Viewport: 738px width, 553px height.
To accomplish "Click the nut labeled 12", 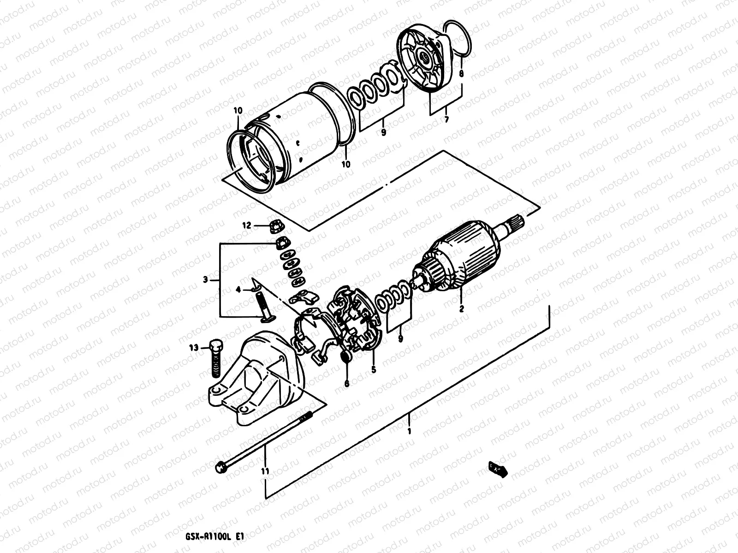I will pos(277,226).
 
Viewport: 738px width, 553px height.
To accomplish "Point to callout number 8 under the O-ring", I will pos(461,73).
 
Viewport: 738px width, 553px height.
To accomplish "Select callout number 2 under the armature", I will pos(461,309).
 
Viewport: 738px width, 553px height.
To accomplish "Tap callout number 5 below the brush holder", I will pos(374,369).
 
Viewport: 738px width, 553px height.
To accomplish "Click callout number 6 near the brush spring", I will pos(347,382).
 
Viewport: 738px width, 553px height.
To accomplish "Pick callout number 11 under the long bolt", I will pos(265,471).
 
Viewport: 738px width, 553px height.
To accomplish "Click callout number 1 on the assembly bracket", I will pos(409,431).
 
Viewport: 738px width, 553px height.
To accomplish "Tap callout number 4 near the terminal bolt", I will pos(238,289).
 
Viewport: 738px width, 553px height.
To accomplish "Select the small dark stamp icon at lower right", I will pos(497,469).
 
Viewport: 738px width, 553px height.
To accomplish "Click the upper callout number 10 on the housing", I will pos(238,111).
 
